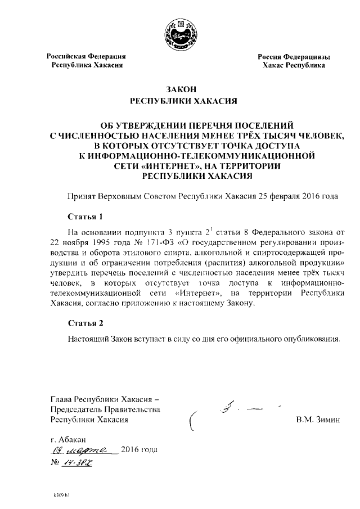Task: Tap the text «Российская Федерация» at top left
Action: pyautogui.click(x=85, y=57)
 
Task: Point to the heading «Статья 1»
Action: pyautogui.click(x=85, y=216)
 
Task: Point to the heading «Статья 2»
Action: pyautogui.click(x=85, y=323)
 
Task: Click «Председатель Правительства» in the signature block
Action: pyautogui.click(x=105, y=409)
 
